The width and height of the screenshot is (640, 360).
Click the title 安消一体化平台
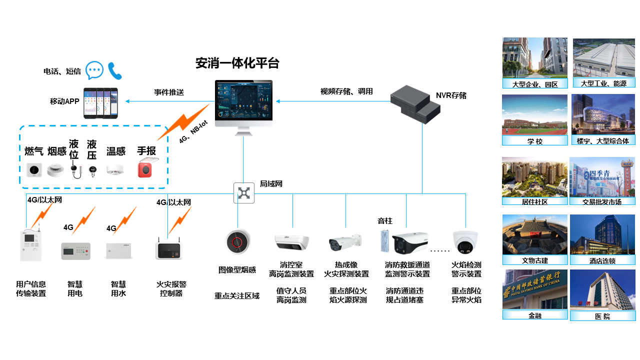coord(237,63)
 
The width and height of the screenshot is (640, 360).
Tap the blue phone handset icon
coord(115,70)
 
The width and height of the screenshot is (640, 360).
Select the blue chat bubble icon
coord(94,70)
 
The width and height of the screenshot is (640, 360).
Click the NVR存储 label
coord(451,95)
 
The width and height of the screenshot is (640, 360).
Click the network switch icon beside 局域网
coord(244,193)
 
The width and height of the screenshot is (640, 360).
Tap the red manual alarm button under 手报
coord(145,169)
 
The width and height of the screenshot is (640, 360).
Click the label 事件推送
coord(169,92)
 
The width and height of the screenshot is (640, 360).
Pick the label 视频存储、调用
coord(346,91)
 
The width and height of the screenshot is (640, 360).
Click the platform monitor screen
coord(243,103)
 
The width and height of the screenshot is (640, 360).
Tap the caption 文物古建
coord(534,260)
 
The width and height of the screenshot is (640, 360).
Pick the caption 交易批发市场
coord(602,201)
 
